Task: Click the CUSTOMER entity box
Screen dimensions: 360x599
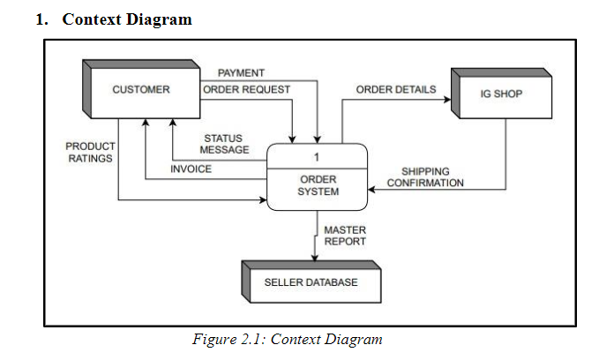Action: pos(141,90)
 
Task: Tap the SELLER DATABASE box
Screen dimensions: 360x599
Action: pos(311,282)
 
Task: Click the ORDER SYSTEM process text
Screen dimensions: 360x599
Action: pos(318,185)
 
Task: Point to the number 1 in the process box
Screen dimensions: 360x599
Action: pos(317,156)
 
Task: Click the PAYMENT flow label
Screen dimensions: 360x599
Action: pos(241,72)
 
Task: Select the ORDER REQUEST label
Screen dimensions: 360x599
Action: pos(243,90)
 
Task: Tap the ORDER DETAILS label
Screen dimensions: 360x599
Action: pos(395,90)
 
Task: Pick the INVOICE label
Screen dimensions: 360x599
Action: pos(191,169)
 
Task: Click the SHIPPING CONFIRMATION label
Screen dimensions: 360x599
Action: pos(425,177)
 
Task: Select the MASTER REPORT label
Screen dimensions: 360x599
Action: pos(345,236)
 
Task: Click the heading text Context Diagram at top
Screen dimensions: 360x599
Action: pos(126,19)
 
